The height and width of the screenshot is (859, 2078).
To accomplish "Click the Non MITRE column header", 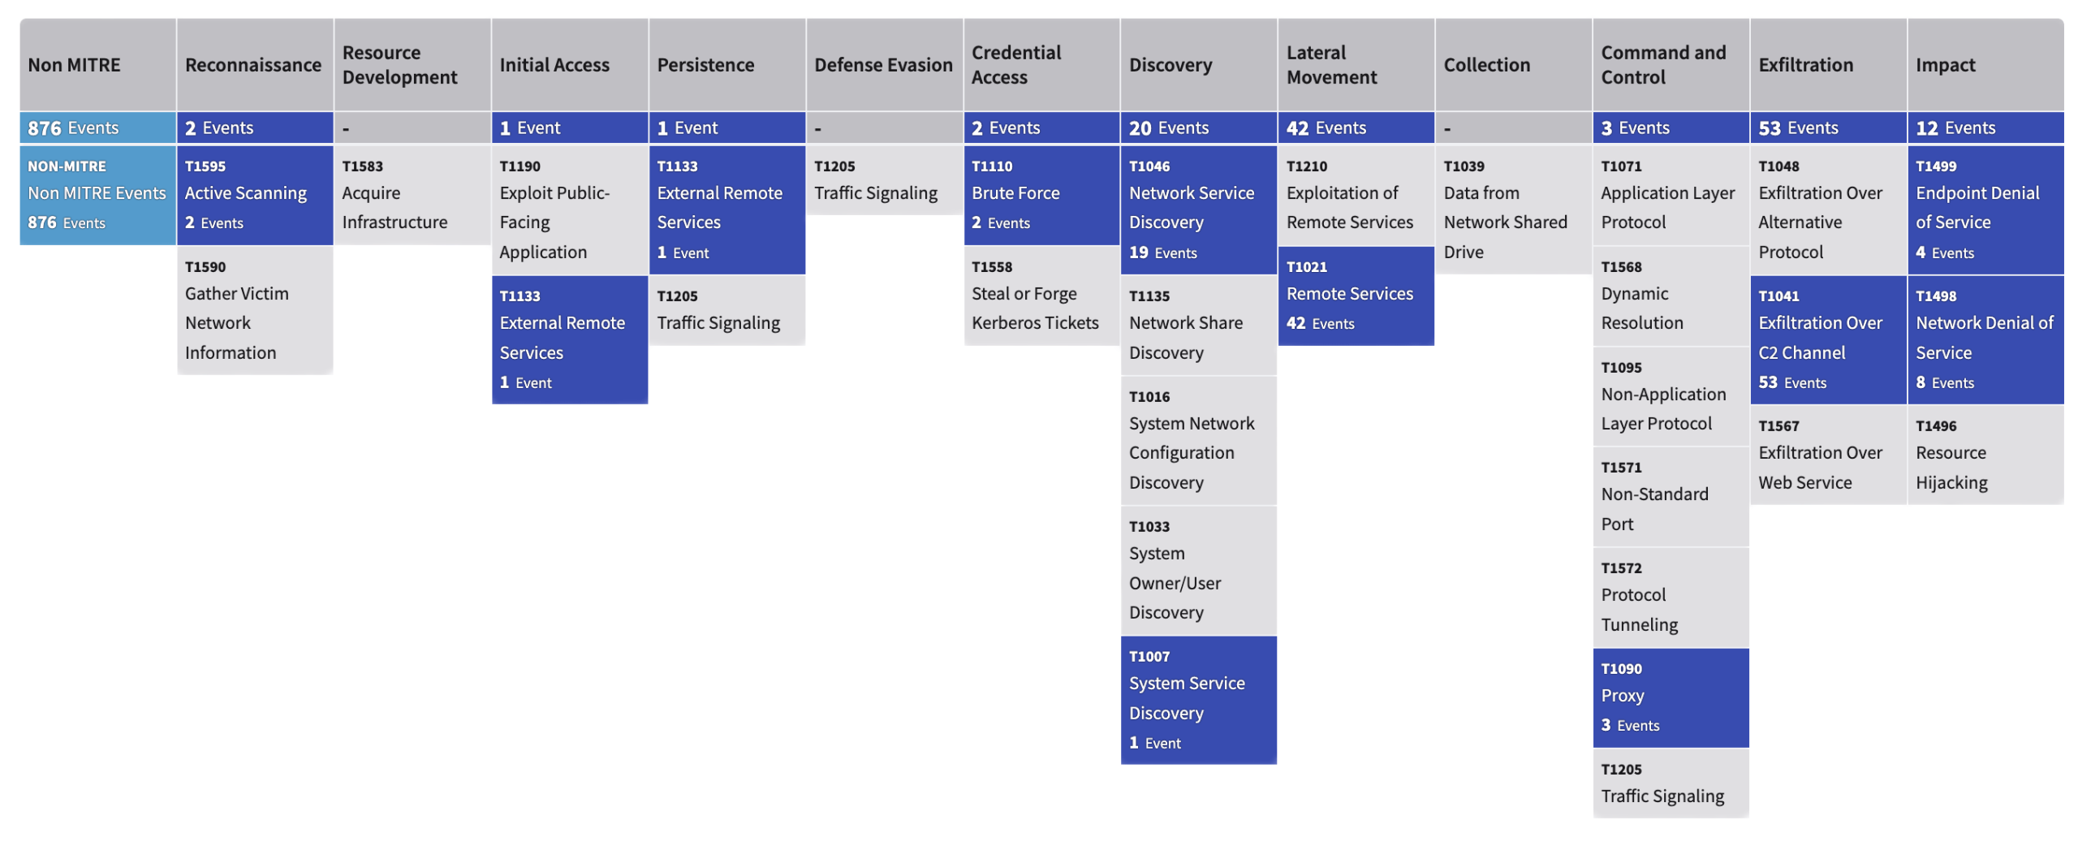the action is click(x=97, y=64).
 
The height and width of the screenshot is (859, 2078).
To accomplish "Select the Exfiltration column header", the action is click(x=1827, y=64).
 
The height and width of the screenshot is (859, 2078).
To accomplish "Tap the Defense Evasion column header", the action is click(x=884, y=64).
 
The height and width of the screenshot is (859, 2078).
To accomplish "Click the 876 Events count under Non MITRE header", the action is click(x=97, y=127).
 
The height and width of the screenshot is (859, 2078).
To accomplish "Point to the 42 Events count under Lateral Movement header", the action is click(x=1356, y=127).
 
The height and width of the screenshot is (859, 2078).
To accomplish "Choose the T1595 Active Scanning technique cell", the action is click(x=254, y=195).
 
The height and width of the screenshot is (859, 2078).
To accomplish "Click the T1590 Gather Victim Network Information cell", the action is click(x=254, y=310).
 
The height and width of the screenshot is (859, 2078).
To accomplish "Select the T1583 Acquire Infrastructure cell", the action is click(x=412, y=195).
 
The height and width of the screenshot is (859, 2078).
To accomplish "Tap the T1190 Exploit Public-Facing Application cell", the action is click(x=569, y=209).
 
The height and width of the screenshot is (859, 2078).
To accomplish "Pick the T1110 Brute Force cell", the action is click(x=1041, y=195).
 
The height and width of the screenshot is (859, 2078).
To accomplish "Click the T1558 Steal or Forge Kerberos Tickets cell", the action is click(x=1041, y=296).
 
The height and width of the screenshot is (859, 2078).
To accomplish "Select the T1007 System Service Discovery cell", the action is click(x=1198, y=700).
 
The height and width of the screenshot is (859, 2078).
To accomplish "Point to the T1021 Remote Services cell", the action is click(x=1356, y=296).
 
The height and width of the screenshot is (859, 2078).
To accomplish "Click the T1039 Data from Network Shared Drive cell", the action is click(x=1513, y=209).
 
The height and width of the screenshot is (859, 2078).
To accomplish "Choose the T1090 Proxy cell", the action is click(x=1671, y=697).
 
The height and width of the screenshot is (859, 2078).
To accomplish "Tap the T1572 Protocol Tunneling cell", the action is click(x=1671, y=597).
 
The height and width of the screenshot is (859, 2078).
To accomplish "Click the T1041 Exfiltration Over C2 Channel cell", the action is click(x=1827, y=339).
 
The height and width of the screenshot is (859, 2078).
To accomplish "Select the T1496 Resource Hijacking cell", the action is click(x=1985, y=455).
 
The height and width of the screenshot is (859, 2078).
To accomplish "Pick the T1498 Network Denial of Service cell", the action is click(x=1985, y=339).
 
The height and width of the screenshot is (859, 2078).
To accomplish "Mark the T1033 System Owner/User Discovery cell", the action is click(x=1198, y=570).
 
